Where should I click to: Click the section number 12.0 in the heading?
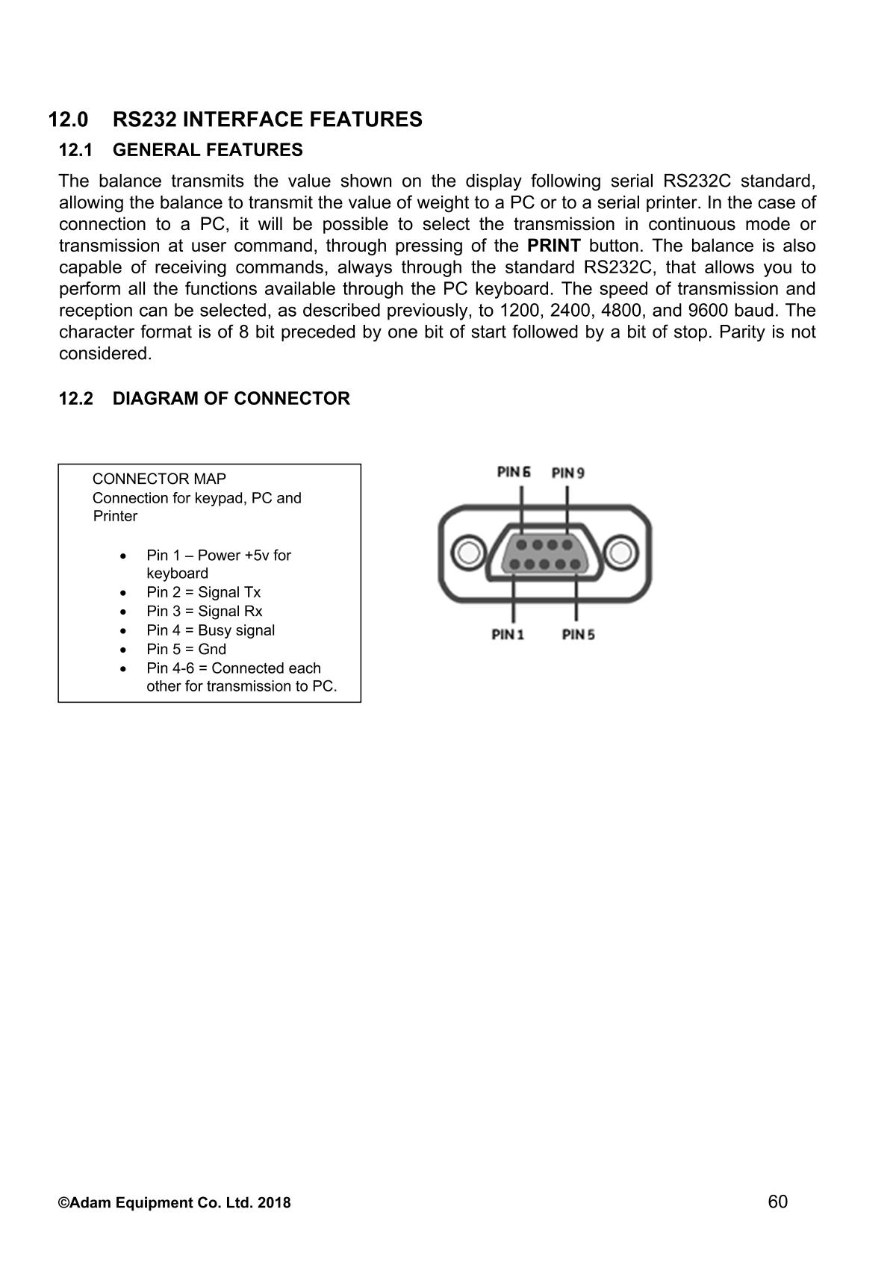pos(68,119)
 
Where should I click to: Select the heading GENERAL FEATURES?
pos(208,150)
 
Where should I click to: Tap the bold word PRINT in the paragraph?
pos(553,246)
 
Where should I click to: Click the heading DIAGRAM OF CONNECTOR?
pos(231,399)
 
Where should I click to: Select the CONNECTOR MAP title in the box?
pos(159,479)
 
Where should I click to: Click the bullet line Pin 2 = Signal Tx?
pos(203,592)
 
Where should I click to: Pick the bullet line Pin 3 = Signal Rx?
pos(204,611)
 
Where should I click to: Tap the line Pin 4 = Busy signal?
pos(211,630)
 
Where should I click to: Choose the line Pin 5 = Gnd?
pos(186,649)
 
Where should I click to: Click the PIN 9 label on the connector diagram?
pos(567,473)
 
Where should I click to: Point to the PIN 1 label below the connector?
pos(508,635)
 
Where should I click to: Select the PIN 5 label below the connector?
pos(578,635)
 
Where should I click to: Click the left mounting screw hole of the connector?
pos(469,553)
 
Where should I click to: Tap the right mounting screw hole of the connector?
pos(620,553)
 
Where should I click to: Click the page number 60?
pos(777,1202)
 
